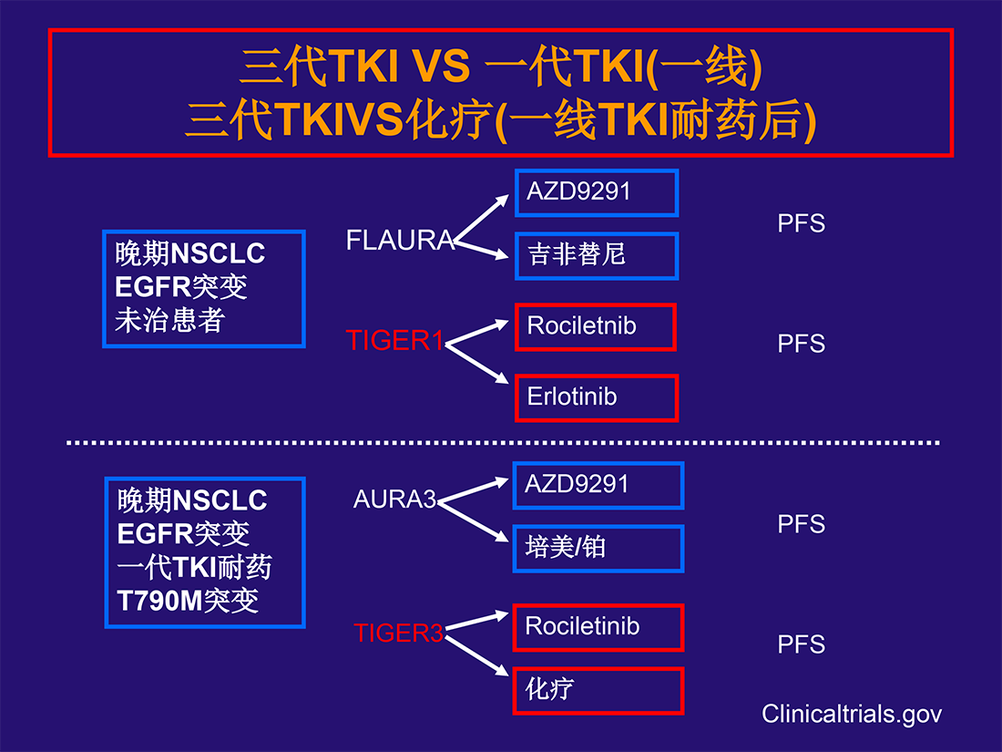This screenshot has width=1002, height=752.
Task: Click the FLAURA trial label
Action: [x=400, y=241]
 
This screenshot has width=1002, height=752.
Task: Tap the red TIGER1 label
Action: [x=394, y=340]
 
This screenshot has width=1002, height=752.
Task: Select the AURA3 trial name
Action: [x=395, y=499]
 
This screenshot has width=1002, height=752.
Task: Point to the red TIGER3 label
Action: [x=398, y=633]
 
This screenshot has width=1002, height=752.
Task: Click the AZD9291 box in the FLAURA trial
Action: [x=597, y=192]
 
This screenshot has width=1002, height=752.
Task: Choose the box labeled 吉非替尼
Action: [x=597, y=256]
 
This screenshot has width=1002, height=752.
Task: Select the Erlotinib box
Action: [x=597, y=397]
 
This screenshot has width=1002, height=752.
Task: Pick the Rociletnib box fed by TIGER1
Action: [x=596, y=326]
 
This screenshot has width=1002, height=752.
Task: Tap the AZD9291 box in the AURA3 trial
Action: [x=598, y=485]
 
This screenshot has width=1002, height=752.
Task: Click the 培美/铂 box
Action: [x=598, y=549]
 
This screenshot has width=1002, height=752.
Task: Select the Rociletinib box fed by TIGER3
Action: [x=598, y=627]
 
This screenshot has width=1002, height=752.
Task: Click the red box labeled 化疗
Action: [x=598, y=691]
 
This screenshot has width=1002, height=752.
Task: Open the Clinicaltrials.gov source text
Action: [x=851, y=715]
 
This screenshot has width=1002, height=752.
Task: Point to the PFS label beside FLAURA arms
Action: [x=802, y=223]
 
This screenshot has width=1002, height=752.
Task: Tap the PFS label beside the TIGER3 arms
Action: [x=802, y=644]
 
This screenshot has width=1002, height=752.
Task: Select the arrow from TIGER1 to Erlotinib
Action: [x=476, y=363]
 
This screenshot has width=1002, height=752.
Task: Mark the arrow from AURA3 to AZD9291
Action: [x=473, y=490]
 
